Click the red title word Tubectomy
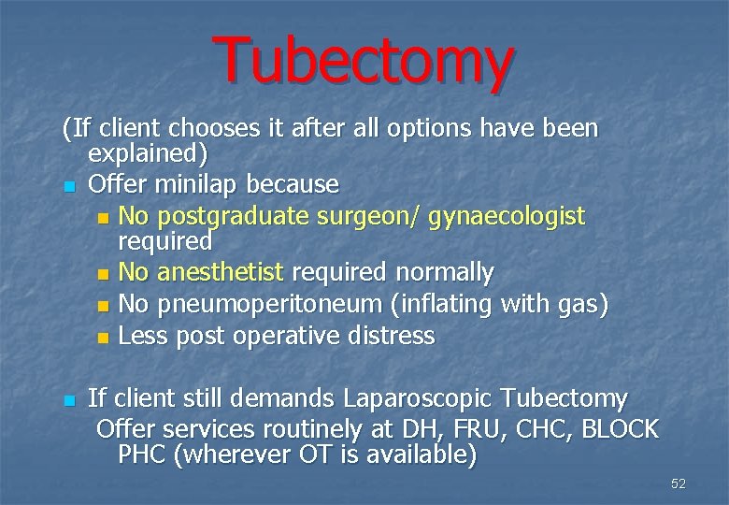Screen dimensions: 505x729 [363, 58]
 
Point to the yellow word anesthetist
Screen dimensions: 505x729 [220, 272]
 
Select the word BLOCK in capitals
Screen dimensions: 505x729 [622, 429]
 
